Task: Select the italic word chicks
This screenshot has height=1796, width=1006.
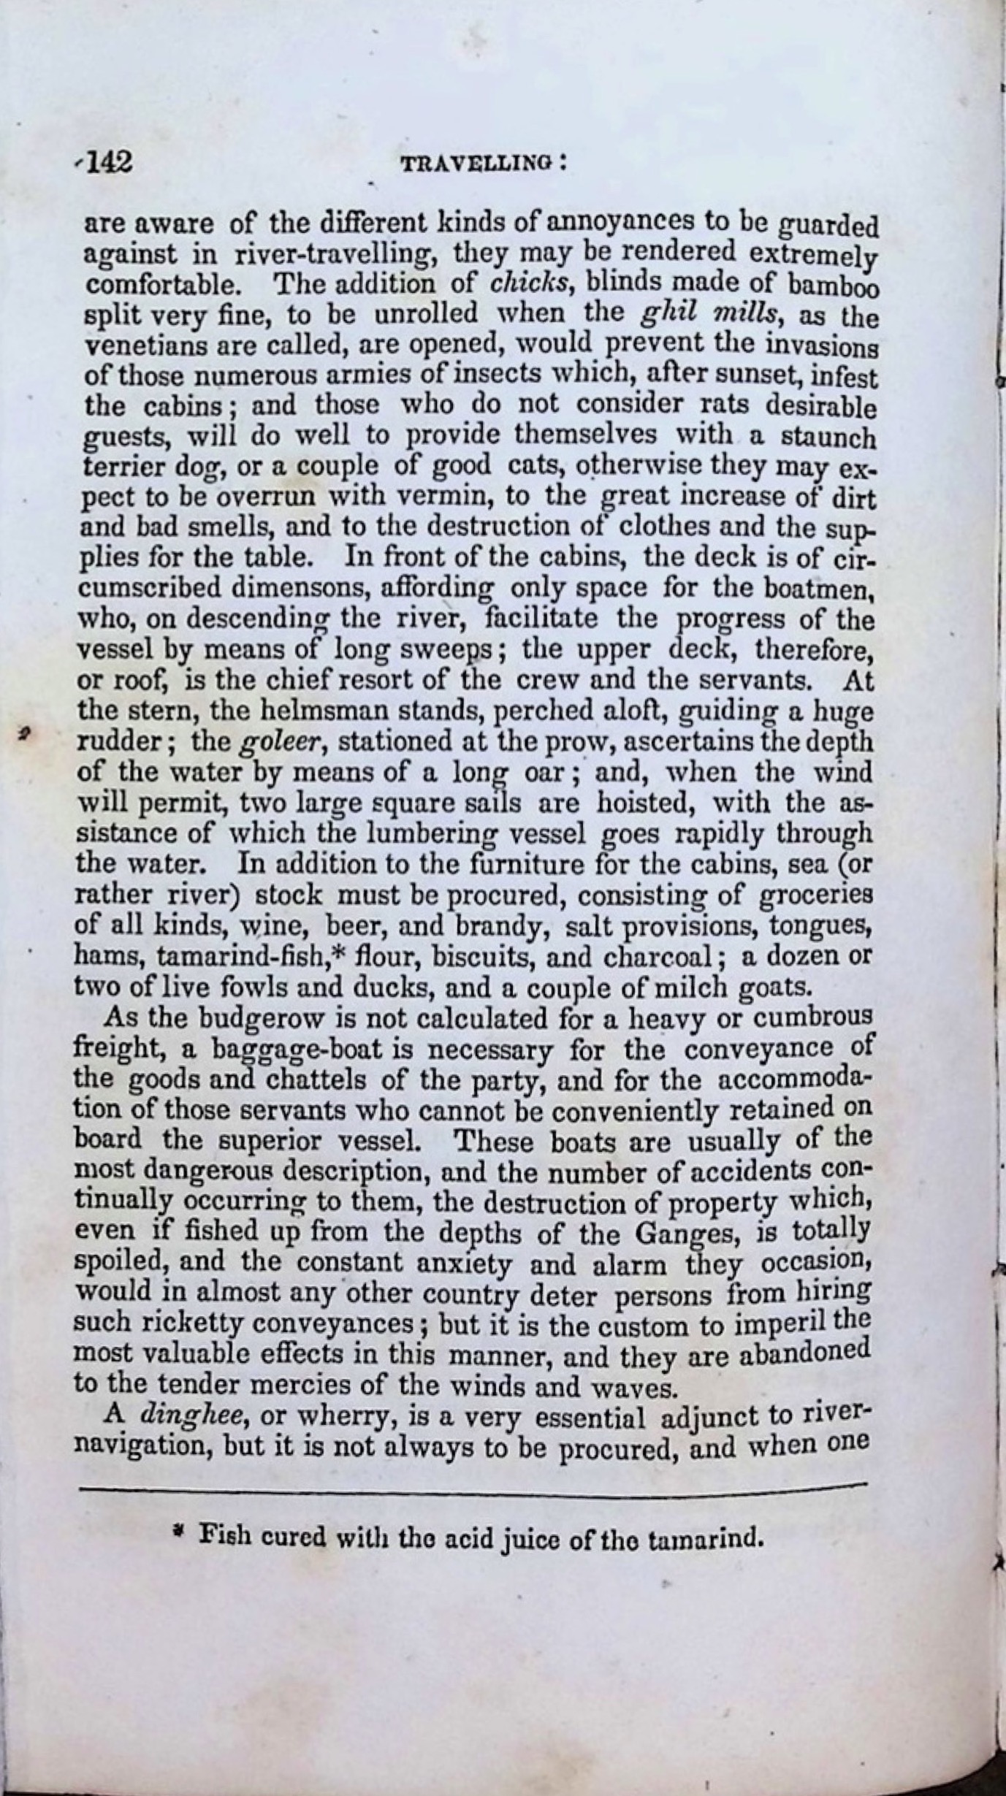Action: tap(525, 283)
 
